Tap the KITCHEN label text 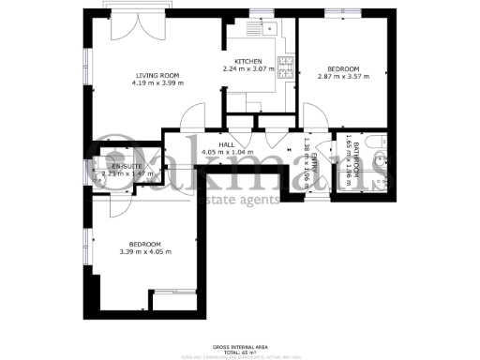pos(247,61)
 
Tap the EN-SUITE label pos(112,165)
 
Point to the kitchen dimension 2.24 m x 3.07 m pos(247,68)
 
